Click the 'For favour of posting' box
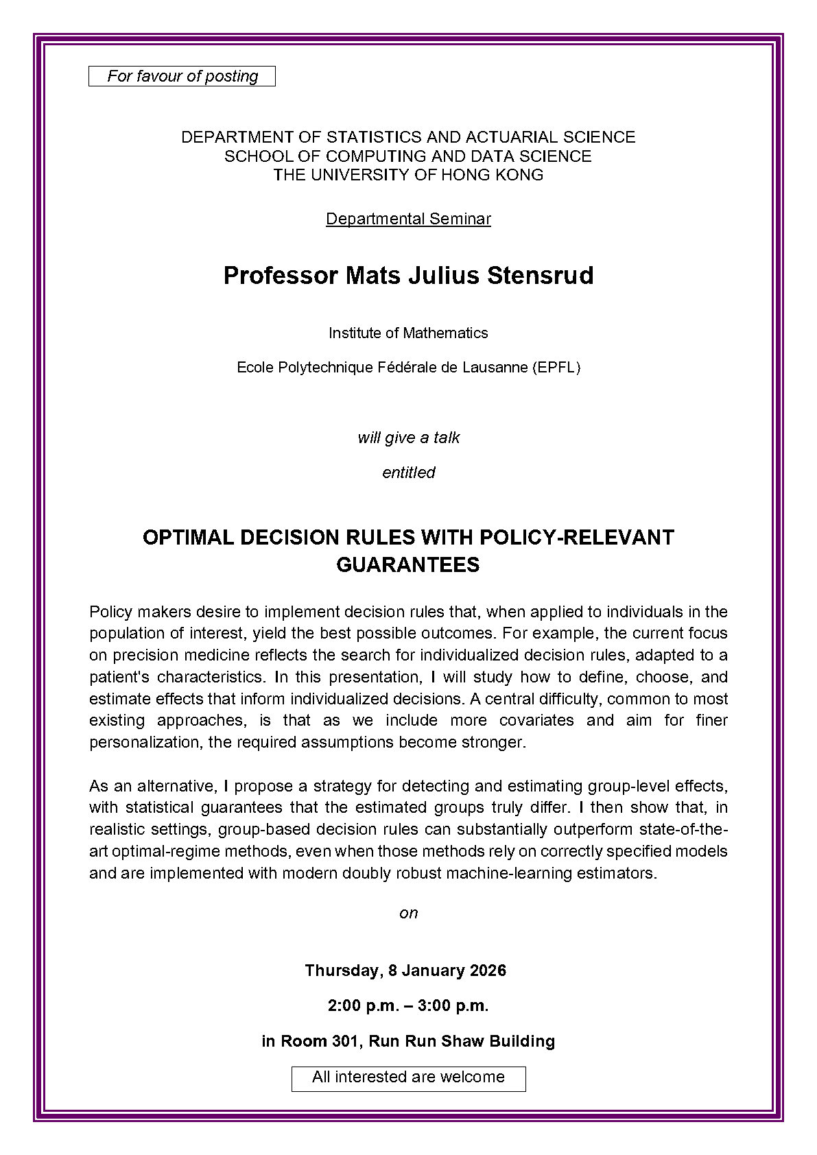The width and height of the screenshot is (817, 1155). click(182, 76)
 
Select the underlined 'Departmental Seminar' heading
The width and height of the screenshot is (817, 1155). click(408, 219)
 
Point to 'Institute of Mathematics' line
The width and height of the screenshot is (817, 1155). click(408, 333)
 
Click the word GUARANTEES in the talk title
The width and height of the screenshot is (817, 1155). click(407, 564)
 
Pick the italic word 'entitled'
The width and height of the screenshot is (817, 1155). click(408, 473)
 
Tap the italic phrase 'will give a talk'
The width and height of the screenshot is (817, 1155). click(408, 438)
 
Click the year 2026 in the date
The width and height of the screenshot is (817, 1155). click(488, 971)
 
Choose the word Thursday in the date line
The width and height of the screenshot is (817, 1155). click(341, 971)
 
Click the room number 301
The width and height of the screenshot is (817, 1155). click(343, 1041)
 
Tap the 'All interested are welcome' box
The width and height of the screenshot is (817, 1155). click(408, 1077)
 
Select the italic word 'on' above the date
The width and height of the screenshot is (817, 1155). click(408, 913)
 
